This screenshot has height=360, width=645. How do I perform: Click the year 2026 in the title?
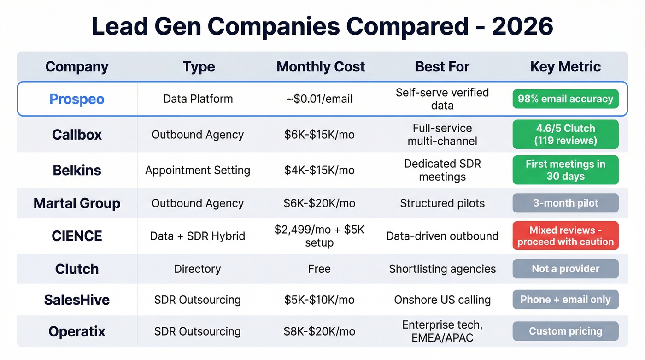point(522,26)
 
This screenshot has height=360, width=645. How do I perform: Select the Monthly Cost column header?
point(321,66)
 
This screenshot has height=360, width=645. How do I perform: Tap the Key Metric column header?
point(565,66)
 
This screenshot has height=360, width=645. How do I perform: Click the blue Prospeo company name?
point(77,99)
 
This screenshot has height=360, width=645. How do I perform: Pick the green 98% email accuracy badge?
point(565,99)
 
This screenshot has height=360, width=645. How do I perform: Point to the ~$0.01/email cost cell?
point(319,99)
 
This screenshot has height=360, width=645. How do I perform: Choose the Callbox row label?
point(77,135)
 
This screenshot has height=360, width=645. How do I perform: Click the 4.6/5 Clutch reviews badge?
point(565,135)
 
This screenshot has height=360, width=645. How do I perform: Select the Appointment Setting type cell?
point(198,170)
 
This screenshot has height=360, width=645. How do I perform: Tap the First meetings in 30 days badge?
point(565,170)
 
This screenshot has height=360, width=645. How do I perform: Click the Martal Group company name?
point(77,203)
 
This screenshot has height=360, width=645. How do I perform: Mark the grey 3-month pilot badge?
point(565,203)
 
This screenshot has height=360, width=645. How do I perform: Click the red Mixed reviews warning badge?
point(565,236)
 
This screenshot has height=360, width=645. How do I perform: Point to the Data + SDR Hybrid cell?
point(198,236)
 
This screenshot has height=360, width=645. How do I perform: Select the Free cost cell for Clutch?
point(319,269)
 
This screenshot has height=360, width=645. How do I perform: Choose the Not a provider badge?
point(565,269)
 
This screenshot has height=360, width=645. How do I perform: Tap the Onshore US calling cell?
point(442,300)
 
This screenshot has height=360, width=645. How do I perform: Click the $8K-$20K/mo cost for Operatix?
point(319,331)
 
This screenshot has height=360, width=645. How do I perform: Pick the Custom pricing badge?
point(565,331)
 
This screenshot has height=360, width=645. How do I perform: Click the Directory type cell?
point(198,269)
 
